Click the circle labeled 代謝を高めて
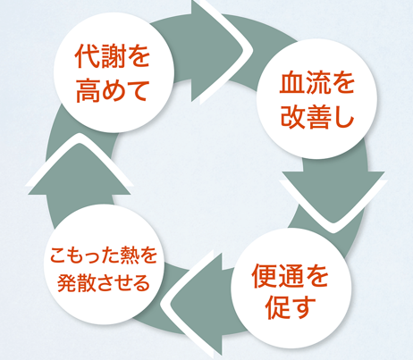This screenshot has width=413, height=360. (114, 72)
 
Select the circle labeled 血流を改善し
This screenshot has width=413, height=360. (316, 99)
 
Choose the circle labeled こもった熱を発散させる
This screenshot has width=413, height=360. (105, 268)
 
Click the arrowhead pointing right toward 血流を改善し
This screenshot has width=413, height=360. (219, 51)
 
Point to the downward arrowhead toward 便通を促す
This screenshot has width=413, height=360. (333, 197)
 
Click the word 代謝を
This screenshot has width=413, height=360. (112, 55)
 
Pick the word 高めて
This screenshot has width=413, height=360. (112, 90)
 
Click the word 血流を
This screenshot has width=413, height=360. (316, 82)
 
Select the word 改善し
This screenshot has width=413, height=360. (316, 116)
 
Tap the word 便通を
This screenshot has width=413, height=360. (290, 275)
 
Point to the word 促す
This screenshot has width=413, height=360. (291, 307)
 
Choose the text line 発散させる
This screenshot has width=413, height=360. (103, 282)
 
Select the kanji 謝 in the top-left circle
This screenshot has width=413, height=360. (112, 56)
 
